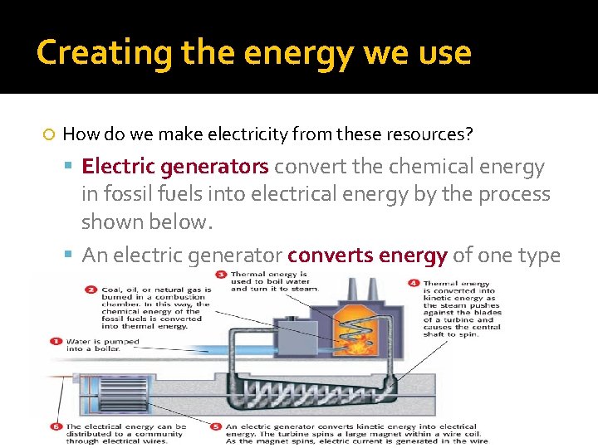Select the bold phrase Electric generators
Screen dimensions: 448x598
coord(175,167)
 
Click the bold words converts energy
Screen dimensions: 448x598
coord(367,256)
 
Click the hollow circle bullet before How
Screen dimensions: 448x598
coord(49,134)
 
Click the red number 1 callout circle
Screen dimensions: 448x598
coord(56,341)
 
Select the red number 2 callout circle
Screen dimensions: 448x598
coord(91,290)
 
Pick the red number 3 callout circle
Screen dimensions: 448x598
coord(221,274)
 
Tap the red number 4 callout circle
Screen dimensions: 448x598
coord(414,283)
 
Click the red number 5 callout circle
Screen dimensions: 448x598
coord(215,426)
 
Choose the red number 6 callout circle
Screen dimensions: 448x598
coord(56,426)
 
